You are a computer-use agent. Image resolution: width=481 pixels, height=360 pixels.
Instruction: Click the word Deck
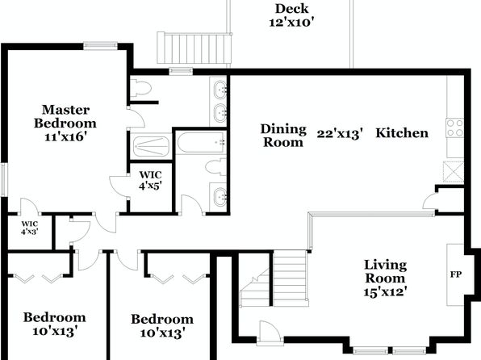pyautogui.click(x=291, y=9)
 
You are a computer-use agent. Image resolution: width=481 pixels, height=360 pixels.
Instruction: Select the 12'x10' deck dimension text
pyautogui.click(x=291, y=23)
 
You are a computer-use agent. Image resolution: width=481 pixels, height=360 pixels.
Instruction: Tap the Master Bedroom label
pyautogui.click(x=65, y=116)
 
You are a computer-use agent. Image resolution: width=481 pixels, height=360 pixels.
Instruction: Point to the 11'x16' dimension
pyautogui.click(x=64, y=136)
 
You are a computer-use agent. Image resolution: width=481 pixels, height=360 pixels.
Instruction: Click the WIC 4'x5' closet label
pyautogui.click(x=150, y=180)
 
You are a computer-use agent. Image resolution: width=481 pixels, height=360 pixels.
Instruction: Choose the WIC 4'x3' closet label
pyautogui.click(x=29, y=228)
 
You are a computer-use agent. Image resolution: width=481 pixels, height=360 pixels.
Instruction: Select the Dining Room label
pyautogui.click(x=283, y=136)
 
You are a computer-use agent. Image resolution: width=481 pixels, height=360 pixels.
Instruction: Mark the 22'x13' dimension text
pyautogui.click(x=340, y=134)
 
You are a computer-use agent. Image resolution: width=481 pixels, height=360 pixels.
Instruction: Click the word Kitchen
pyautogui.click(x=402, y=133)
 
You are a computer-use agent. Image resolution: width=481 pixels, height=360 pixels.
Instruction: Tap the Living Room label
pyautogui.click(x=385, y=271)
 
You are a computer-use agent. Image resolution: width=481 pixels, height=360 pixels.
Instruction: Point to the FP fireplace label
pyautogui.click(x=455, y=274)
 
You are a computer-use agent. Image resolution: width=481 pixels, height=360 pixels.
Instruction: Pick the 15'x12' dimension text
pyautogui.click(x=385, y=291)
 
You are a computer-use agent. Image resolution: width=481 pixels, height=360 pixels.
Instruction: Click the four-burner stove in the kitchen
pyautogui.click(x=454, y=128)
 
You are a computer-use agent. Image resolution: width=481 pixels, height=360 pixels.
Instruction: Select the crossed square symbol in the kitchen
pyautogui.click(x=454, y=172)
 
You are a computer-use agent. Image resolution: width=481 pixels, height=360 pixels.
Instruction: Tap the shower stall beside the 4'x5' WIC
pyautogui.click(x=151, y=146)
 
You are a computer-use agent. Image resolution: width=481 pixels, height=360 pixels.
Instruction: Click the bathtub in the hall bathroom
pyautogui.click(x=201, y=143)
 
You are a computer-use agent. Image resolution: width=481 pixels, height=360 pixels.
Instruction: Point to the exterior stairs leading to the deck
pyautogui.click(x=194, y=48)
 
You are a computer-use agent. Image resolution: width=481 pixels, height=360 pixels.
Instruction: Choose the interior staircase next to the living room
pyautogui.click(x=274, y=278)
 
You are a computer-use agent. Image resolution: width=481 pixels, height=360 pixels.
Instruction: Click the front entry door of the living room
pyautogui.click(x=270, y=332)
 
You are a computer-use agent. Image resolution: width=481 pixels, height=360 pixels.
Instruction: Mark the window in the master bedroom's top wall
pyautogui.click(x=100, y=46)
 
